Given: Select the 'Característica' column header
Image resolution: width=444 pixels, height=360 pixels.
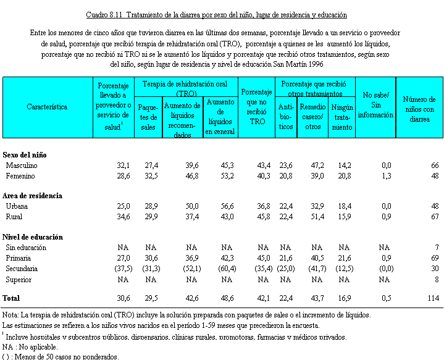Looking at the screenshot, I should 47,107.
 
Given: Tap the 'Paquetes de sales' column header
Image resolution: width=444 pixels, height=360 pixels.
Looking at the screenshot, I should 148,114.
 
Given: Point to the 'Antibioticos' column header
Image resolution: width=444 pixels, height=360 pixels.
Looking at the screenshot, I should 286,114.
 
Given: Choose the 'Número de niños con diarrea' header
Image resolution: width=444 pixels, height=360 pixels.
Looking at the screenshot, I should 419,109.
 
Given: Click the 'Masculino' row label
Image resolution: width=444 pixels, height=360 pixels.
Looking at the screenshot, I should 22,165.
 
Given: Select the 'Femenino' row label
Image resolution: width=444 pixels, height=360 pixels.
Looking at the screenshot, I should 21,176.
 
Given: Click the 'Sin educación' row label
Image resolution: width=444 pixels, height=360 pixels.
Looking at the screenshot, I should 26,248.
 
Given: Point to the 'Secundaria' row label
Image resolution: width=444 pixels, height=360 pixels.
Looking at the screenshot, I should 22,269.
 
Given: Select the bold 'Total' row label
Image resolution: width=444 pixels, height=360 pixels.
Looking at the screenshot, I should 12,298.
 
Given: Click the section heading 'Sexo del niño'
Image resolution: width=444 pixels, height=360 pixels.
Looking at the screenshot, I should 25,155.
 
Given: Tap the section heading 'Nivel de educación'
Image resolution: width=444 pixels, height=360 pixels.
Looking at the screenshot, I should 33,237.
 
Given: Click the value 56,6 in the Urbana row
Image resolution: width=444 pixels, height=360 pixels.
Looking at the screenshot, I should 226,206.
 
